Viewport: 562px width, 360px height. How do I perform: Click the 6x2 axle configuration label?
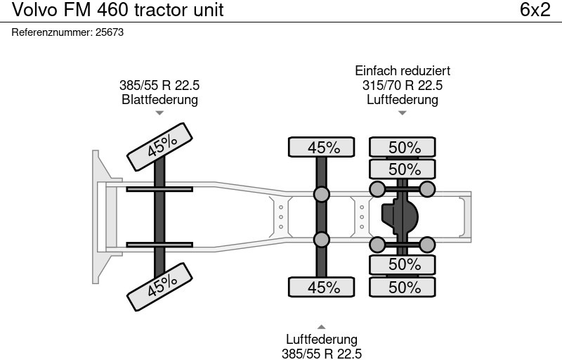535,10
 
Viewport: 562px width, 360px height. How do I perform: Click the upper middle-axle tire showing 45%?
322,147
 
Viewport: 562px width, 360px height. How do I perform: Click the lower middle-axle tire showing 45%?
322,287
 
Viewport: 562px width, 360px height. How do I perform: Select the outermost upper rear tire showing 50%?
403,147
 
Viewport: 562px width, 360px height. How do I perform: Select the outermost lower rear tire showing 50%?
403,287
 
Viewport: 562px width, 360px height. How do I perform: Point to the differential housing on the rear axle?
399,217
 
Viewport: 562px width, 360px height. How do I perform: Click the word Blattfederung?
159,99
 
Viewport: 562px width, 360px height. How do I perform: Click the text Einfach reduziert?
402,71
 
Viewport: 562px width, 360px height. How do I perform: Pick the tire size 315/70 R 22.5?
402,85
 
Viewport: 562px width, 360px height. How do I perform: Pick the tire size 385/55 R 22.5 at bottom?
321,354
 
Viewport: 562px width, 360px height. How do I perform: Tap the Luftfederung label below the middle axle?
321,340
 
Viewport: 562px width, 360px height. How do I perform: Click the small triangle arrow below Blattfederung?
159,112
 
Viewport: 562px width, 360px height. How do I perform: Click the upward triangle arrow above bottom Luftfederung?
321,326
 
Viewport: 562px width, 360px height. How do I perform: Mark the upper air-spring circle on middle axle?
322,194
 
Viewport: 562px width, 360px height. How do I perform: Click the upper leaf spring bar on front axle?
159,189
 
